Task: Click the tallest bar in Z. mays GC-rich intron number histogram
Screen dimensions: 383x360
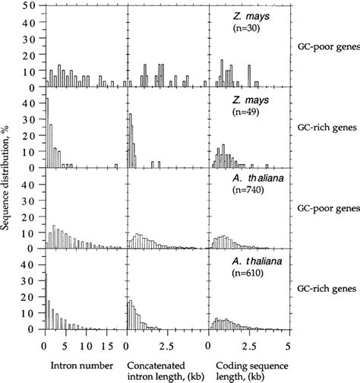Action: point(46,133)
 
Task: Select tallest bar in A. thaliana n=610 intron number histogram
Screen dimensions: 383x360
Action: point(46,301)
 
